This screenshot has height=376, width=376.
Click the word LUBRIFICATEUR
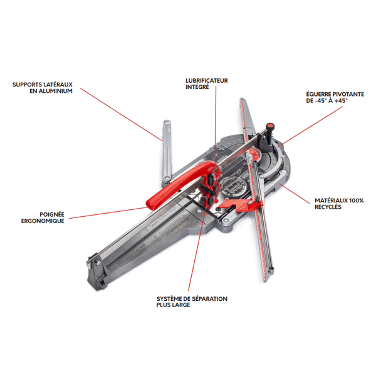coord(207,81)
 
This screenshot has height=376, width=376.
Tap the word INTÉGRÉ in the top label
coord(197,87)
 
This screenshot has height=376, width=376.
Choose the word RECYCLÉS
coord(328,207)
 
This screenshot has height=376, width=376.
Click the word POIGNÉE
coord(52,214)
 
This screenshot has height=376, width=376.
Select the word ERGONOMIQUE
coord(43,221)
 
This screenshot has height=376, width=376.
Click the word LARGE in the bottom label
coord(181,305)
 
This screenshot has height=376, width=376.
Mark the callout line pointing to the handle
coord(108,213)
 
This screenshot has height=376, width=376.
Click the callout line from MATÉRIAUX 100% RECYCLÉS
coord(295,194)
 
